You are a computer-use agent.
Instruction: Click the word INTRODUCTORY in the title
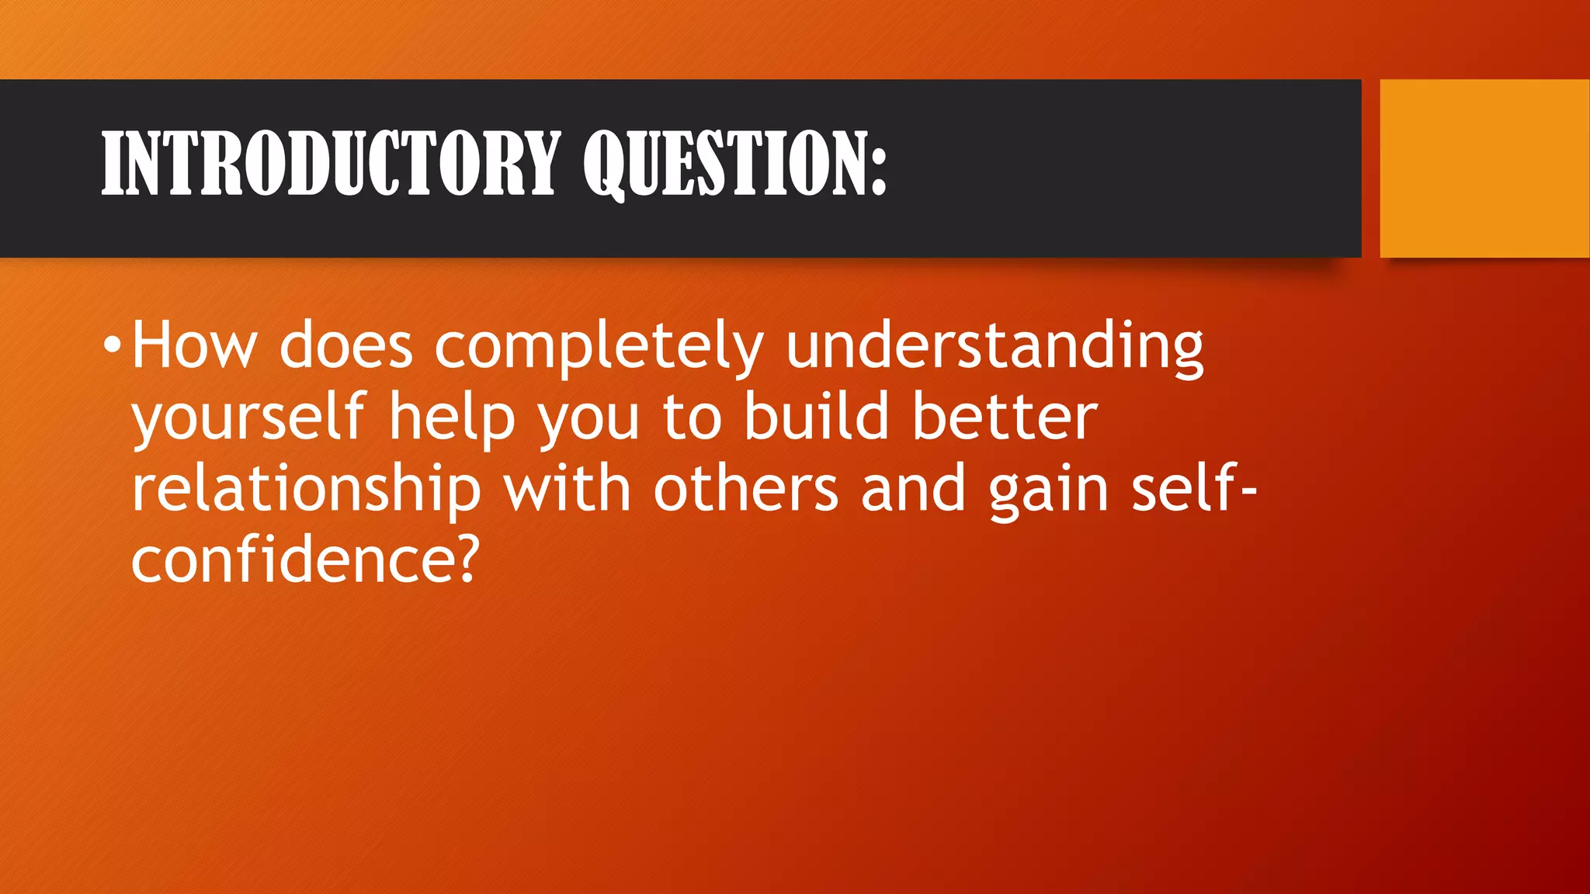coord(331,164)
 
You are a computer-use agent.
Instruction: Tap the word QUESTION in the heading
coord(726,164)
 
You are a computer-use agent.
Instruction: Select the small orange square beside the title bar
coord(1484,168)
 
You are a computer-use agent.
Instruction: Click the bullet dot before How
coord(113,344)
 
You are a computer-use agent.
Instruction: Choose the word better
coord(1005,417)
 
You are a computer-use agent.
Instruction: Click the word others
coord(746,489)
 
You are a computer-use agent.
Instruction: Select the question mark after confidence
coord(465,560)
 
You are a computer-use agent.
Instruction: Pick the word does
coord(346,345)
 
